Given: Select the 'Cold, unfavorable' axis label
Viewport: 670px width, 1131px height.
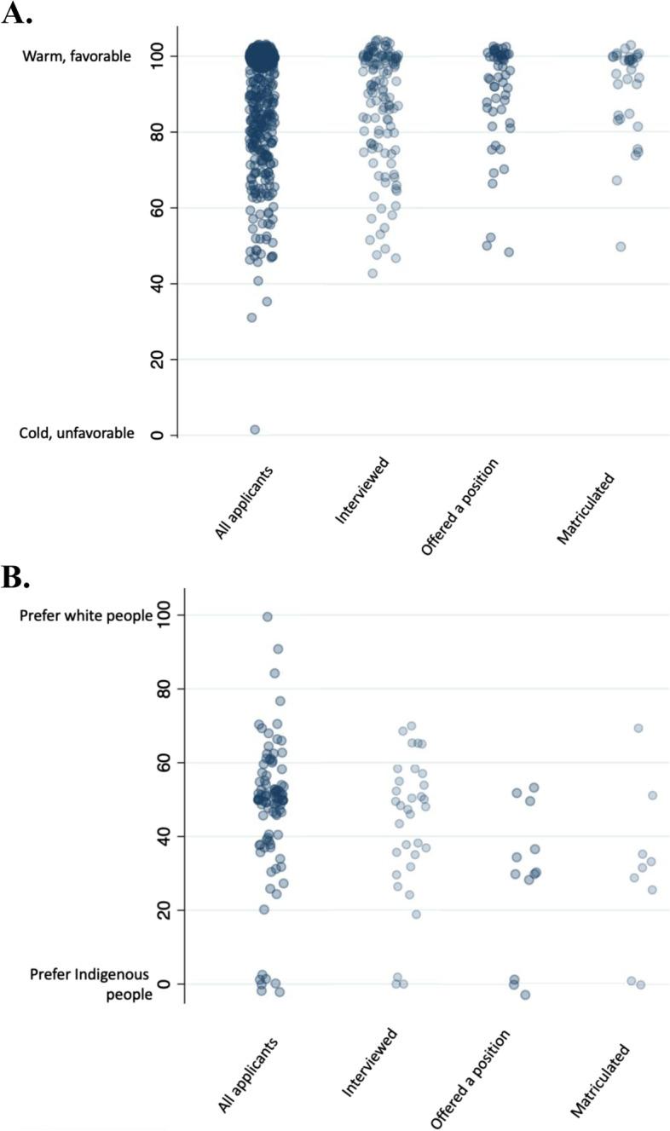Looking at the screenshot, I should point(77,433).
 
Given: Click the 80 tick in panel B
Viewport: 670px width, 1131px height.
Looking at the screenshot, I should point(170,688).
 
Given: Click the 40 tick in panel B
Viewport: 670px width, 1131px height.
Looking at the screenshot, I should point(170,836).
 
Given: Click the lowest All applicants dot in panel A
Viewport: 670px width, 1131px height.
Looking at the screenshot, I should point(254,430).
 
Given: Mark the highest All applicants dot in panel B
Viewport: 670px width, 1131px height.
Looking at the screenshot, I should point(267,616).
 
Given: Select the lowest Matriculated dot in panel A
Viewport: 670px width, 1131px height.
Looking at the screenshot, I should point(621,246).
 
